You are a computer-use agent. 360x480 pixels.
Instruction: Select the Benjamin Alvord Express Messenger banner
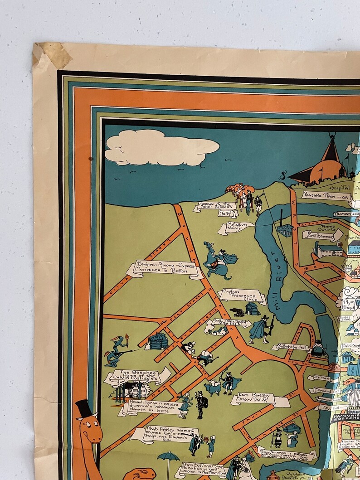click(164, 269)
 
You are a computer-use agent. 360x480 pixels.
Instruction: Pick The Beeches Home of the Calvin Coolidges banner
click(136, 376)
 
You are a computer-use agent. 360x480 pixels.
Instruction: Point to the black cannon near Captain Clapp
click(237, 311)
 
